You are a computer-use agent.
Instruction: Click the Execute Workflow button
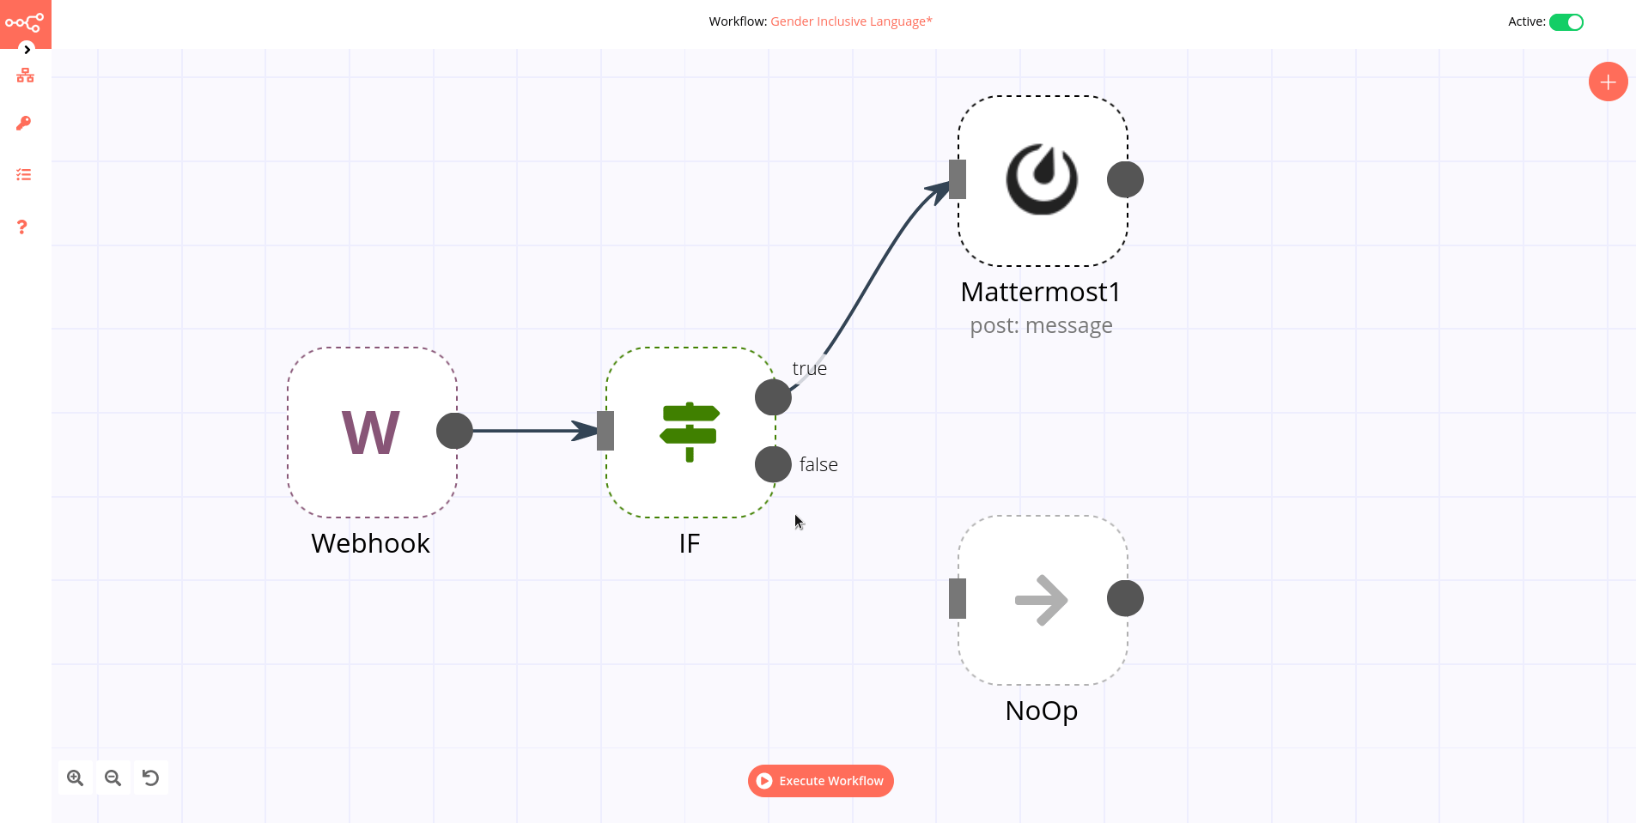(821, 781)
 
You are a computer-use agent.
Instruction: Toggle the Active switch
(1566, 22)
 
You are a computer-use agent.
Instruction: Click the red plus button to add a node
(1608, 82)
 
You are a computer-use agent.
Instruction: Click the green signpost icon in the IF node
(690, 432)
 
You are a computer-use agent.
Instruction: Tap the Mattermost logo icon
(1042, 179)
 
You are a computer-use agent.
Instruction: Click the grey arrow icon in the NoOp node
(1042, 599)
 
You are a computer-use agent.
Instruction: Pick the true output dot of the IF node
(773, 397)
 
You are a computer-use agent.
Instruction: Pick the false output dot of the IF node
(773, 464)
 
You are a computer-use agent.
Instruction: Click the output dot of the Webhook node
(454, 431)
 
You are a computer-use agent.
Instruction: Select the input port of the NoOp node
(958, 599)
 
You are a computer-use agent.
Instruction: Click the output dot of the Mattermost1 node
(1125, 179)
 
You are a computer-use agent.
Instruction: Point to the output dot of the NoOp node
(1125, 599)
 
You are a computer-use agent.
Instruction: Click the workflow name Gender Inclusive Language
(850, 21)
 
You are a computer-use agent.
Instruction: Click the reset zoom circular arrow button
(150, 778)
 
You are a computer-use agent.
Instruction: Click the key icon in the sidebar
(24, 124)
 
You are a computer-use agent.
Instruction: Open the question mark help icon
(23, 227)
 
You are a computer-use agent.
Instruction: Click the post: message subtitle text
(1041, 326)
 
